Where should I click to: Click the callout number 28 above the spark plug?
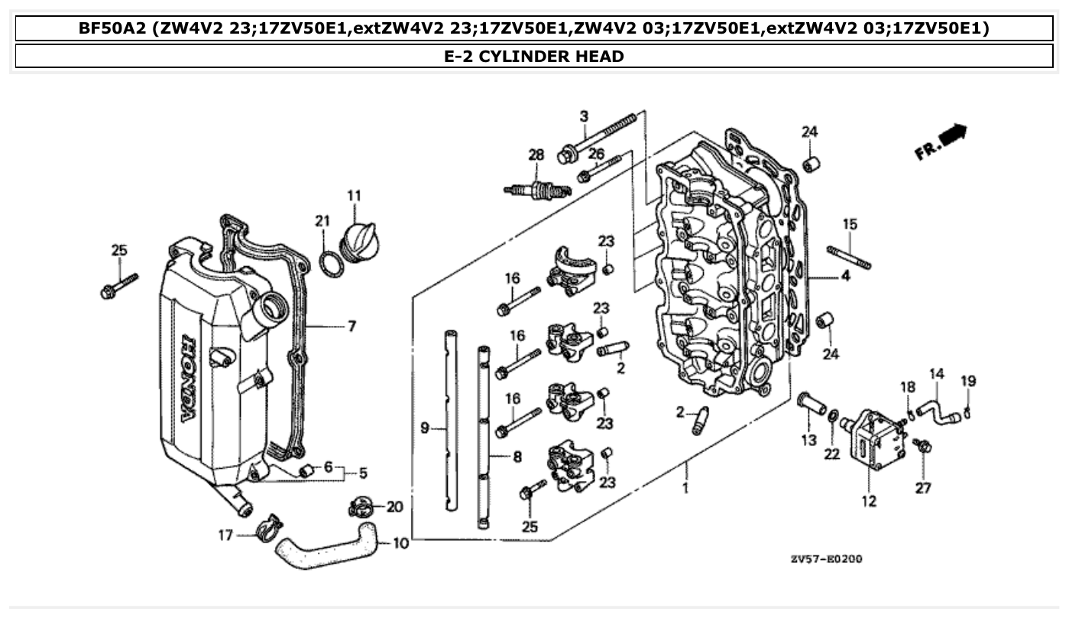(536, 154)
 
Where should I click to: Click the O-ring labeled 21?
(330, 262)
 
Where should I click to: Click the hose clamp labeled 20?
(362, 506)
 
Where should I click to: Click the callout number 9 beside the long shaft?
(425, 428)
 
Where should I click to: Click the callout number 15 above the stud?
(850, 224)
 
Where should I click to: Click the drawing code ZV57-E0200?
(826, 559)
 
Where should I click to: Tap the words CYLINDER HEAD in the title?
(551, 56)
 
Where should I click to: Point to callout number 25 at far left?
(119, 250)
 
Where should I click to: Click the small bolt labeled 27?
(922, 445)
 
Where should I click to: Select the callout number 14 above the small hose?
(937, 374)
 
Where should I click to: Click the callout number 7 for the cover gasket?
(351, 327)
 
